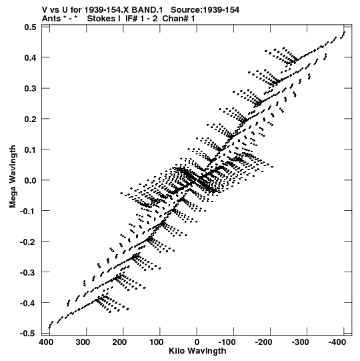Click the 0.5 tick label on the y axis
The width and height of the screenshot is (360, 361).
[30, 27]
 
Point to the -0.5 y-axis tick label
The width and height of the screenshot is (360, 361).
[28, 333]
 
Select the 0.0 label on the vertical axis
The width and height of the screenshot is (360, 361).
[30, 180]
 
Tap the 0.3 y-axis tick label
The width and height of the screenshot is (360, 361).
[30, 88]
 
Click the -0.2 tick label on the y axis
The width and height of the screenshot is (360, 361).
[28, 242]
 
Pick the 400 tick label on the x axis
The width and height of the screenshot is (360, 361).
[46, 342]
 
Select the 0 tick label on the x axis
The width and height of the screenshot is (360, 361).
[197, 342]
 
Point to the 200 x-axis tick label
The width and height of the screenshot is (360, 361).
[119, 342]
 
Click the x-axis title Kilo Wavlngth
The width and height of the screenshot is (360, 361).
[197, 352]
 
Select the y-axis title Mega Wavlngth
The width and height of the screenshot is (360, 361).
[13, 177]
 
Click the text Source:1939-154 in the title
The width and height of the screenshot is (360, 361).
[205, 10]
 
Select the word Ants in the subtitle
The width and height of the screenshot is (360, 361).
[51, 19]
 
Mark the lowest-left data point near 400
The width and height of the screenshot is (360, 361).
[49, 328]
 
